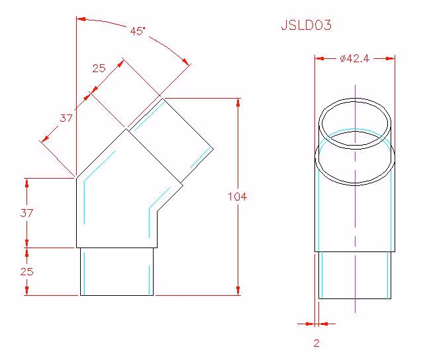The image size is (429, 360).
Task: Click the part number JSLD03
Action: (306, 25)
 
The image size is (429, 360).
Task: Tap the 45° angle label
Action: (138, 31)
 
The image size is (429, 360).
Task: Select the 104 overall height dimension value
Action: (238, 197)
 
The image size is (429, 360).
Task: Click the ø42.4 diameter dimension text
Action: (355, 58)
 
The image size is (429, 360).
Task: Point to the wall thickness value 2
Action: (316, 343)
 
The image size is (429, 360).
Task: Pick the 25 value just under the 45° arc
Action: (99, 68)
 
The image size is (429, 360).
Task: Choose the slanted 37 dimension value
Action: (66, 118)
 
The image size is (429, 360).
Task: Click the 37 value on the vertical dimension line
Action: (26, 213)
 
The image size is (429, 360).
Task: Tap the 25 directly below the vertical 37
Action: (26, 271)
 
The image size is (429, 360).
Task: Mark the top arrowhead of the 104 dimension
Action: (238, 103)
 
